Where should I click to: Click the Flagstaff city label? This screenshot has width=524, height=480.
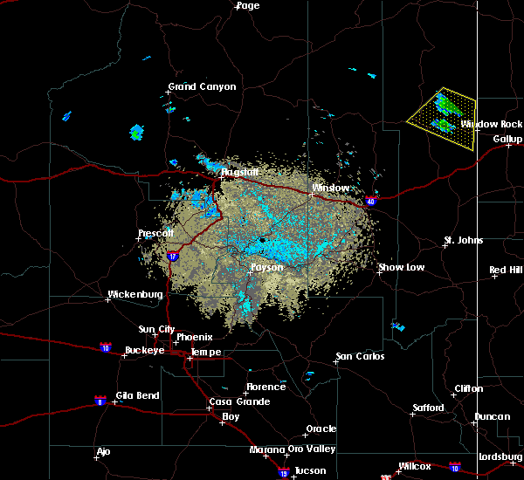tap(239, 173)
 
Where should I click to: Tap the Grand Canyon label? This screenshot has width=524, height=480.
tap(202, 87)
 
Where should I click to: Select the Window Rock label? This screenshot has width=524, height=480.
tap(492, 125)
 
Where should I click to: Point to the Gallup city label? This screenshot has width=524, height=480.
tap(507, 139)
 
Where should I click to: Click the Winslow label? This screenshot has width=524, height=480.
tap(330, 188)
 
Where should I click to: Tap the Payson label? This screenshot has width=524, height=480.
tap(266, 268)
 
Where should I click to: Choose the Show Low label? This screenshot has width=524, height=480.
tap(401, 267)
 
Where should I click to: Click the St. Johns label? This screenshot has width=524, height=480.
tap(463, 240)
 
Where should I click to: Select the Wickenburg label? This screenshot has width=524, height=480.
tap(134, 295)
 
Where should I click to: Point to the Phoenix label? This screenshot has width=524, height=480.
tap(194, 336)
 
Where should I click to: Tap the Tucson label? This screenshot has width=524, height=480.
tap(309, 470)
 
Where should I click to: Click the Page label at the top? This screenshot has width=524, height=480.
tap(248, 5)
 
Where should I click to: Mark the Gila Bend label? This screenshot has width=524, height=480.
tap(136, 395)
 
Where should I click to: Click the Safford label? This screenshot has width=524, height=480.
tap(429, 408)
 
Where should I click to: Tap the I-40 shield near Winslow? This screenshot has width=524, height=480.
tap(371, 202)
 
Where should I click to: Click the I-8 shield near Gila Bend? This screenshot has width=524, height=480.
tap(100, 401)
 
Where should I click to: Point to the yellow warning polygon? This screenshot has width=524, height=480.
tap(442, 118)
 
